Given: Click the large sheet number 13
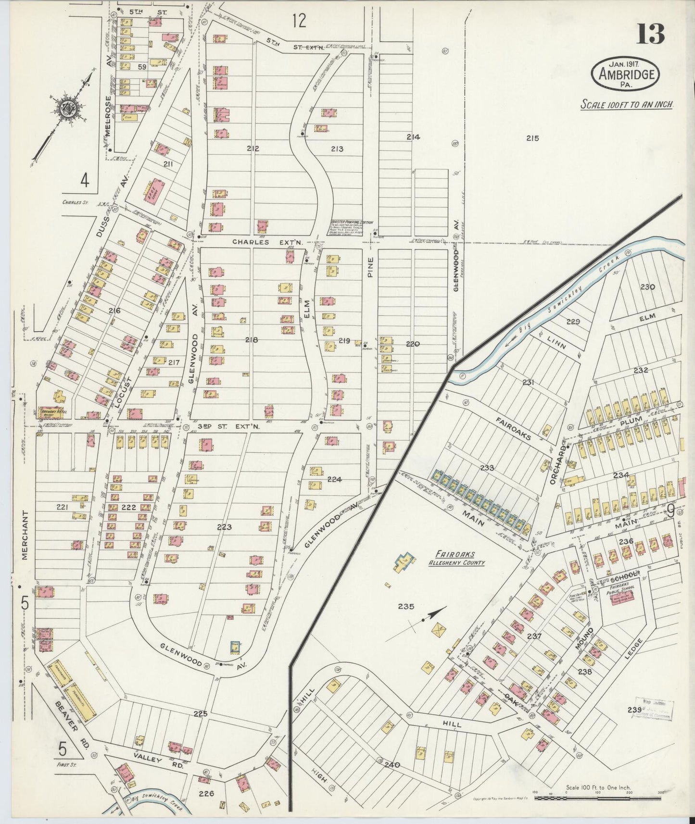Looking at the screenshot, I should click(651, 33).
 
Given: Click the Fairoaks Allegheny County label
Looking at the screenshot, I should click(457, 560).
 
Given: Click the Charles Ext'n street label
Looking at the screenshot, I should click(267, 243).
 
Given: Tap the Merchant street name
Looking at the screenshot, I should click(25, 535).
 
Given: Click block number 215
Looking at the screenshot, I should click(532, 138).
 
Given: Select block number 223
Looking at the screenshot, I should click(224, 527).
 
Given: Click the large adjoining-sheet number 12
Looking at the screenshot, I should click(299, 21).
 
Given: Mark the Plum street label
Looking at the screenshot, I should click(631, 421).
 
